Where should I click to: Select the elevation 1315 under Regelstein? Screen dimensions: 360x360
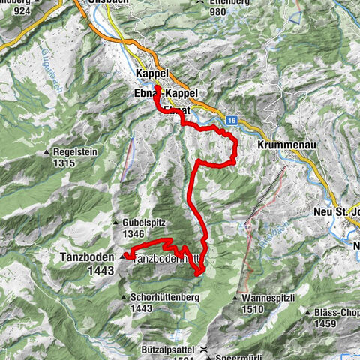pos(65,163)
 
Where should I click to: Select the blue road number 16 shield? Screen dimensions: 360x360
pos(234,120)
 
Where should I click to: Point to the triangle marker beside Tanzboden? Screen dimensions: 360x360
pos(122,256)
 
